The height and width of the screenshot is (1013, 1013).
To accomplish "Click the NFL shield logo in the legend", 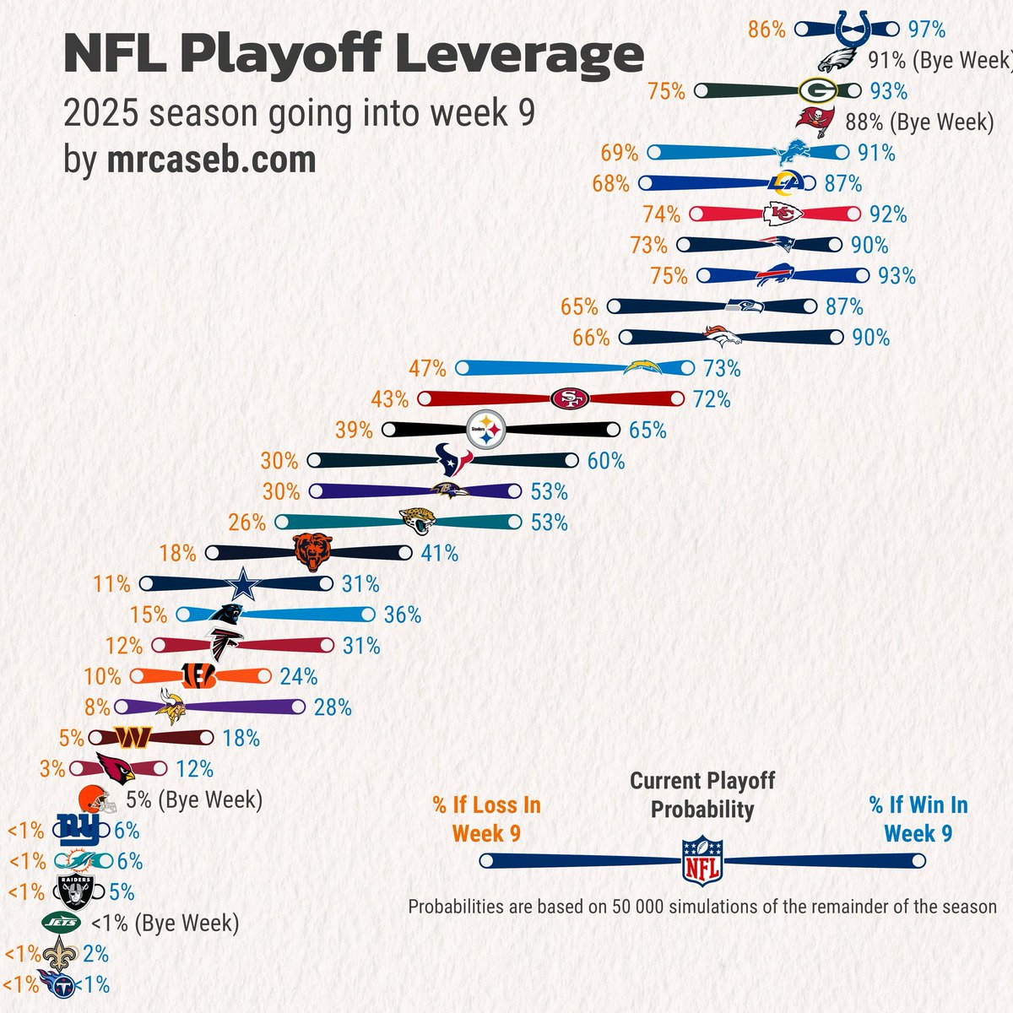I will coord(702,860).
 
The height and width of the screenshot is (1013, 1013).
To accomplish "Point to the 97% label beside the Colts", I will coord(926,30).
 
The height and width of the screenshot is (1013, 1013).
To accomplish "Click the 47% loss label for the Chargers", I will coord(427,368).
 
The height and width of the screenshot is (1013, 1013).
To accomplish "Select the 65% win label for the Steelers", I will coord(647,430).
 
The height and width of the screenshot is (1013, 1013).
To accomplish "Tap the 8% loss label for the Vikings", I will coord(97,707).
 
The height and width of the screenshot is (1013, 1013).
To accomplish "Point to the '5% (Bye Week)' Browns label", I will coord(193,799).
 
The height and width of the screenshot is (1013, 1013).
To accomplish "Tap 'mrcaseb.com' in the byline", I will coord(211,159).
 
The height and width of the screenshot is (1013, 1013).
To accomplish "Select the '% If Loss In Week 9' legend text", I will coord(486,819).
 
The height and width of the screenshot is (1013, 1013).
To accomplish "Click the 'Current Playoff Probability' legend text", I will coord(702,795).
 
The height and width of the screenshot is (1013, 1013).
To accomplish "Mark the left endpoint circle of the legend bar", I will coord(486,861).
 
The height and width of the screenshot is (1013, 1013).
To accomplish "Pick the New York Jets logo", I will coord(61,923).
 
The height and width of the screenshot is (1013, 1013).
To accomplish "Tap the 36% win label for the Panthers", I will coord(402,615).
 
